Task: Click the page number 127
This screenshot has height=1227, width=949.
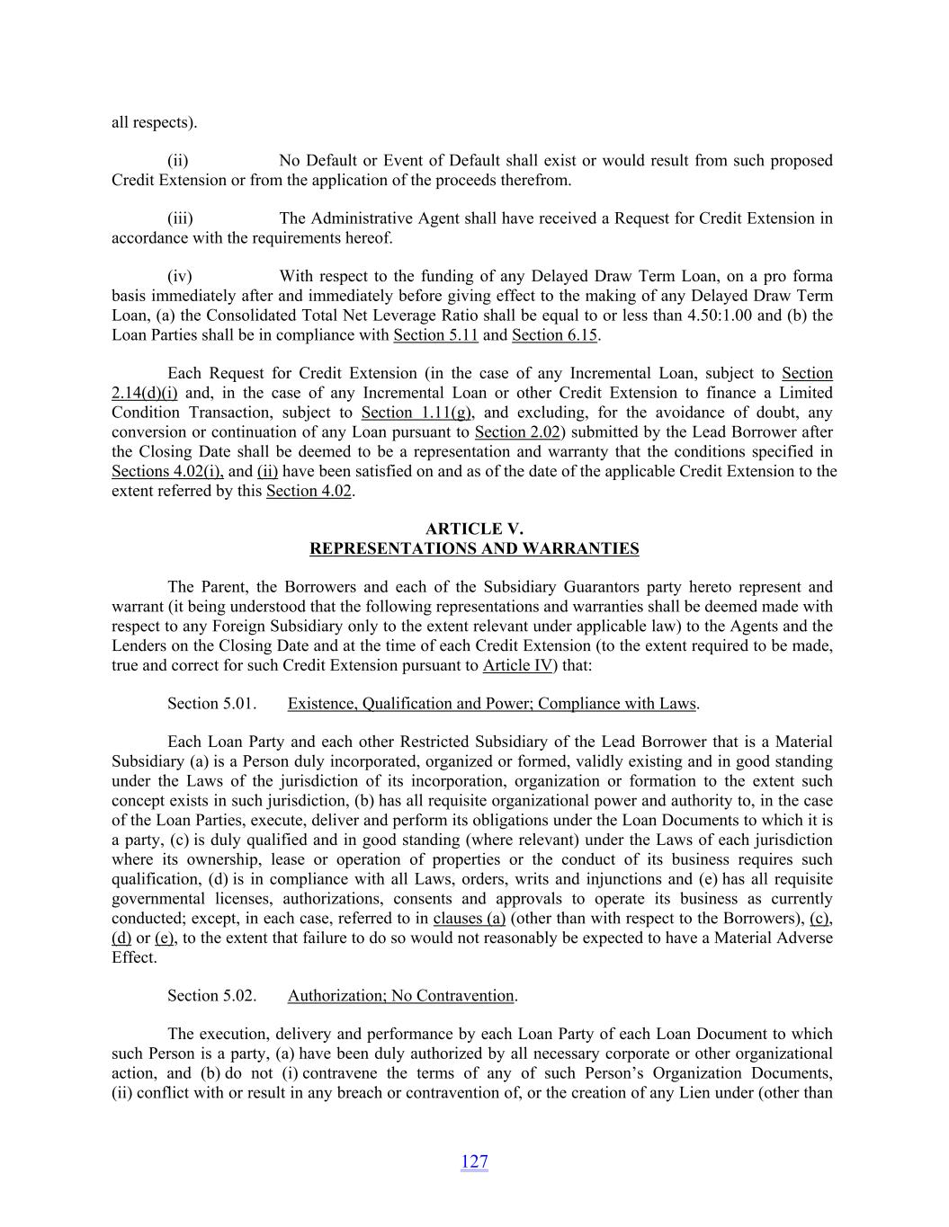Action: (474, 1161)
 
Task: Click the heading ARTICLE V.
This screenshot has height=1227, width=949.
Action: (474, 529)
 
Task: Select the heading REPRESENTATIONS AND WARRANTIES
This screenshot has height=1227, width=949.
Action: (474, 548)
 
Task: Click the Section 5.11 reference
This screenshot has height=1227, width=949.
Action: (435, 335)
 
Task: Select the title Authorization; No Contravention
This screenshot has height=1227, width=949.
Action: (401, 996)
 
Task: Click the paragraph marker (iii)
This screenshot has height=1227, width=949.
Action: (180, 218)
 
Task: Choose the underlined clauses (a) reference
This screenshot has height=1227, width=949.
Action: (469, 919)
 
